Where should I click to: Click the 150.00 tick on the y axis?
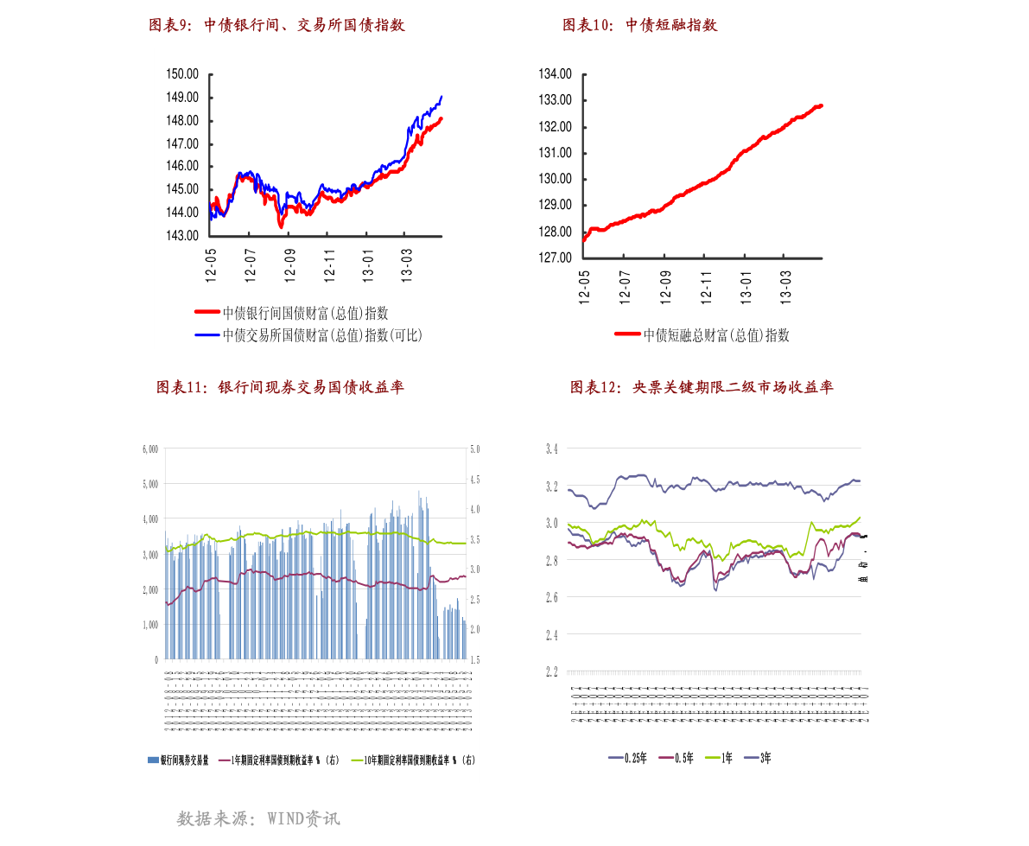(x=182, y=74)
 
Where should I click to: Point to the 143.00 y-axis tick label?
(x=182, y=235)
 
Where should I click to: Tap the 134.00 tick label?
(x=555, y=74)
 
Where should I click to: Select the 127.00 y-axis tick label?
(x=555, y=258)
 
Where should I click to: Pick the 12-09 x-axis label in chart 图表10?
(x=664, y=285)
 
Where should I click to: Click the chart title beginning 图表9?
(x=276, y=26)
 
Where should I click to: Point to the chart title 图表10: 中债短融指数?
(x=639, y=26)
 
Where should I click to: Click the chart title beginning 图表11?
(x=280, y=387)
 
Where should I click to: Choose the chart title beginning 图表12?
(x=701, y=387)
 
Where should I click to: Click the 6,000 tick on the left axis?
(x=149, y=449)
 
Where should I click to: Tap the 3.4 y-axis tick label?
(x=551, y=449)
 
